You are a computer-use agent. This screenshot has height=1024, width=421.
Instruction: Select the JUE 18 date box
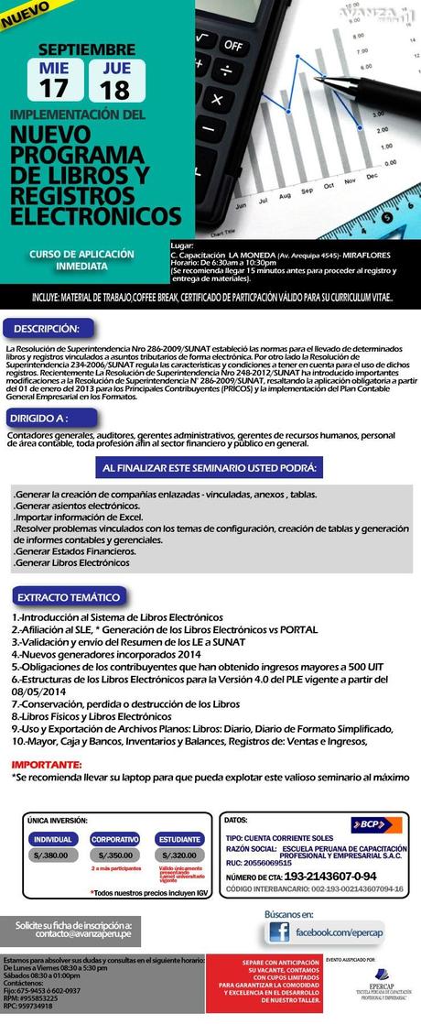[x=115, y=80]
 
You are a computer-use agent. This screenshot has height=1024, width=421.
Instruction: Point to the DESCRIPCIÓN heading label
[x=47, y=328]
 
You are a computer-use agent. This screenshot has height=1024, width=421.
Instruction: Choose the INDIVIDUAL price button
[x=54, y=839]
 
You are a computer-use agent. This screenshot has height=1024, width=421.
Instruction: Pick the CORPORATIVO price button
[x=114, y=839]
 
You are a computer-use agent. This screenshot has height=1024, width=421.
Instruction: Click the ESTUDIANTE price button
[x=178, y=839]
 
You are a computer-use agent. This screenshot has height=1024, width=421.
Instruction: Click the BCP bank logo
[x=375, y=823]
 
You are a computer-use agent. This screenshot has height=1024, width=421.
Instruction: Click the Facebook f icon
[x=277, y=933]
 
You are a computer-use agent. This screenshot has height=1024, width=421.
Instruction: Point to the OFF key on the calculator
[x=235, y=43]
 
